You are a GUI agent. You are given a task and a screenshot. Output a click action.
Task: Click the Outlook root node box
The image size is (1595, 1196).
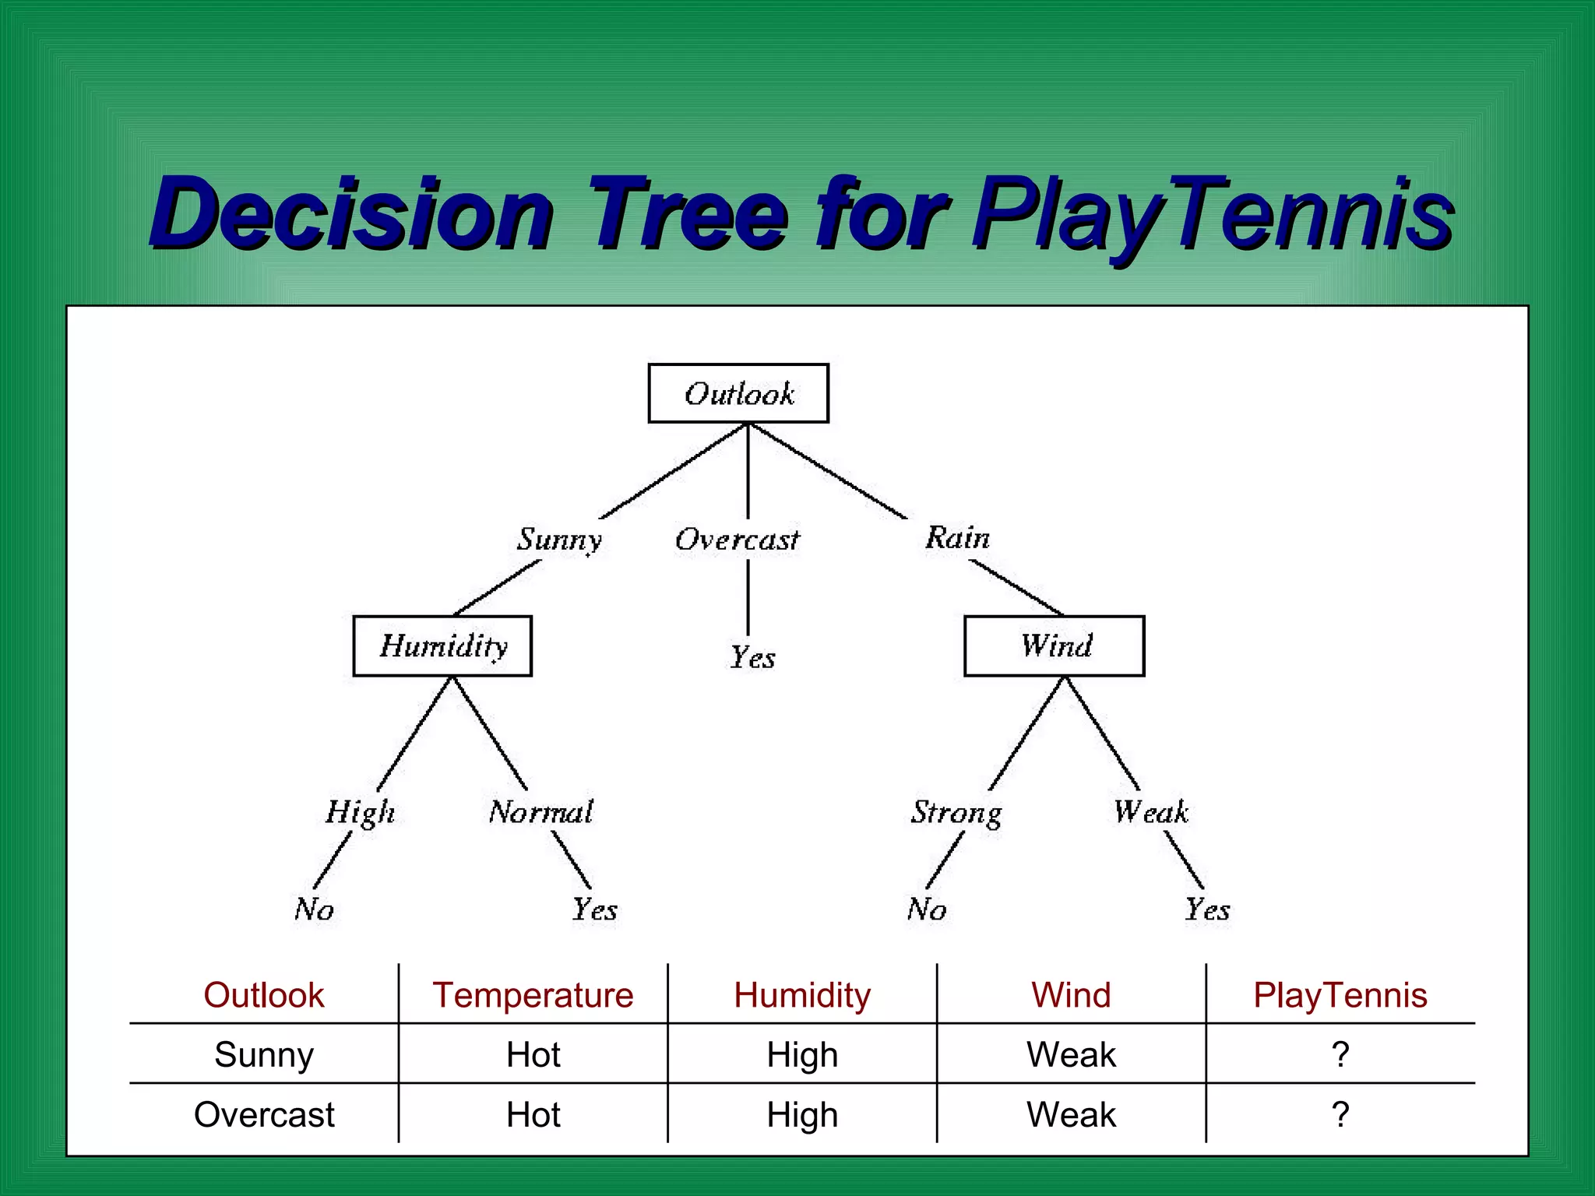click(x=738, y=393)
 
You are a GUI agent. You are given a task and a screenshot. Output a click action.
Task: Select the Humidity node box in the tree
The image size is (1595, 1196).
click(x=442, y=645)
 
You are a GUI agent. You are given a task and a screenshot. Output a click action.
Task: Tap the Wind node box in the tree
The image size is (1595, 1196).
click(x=1055, y=645)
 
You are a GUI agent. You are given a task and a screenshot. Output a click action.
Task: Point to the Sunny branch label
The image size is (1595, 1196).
click(x=559, y=539)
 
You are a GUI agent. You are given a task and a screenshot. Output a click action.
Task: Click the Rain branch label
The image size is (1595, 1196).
click(x=957, y=537)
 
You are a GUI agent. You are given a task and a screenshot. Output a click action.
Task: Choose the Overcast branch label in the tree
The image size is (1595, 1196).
click(x=737, y=539)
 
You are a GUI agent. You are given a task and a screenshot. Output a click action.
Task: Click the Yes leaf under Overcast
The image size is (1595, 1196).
click(x=752, y=658)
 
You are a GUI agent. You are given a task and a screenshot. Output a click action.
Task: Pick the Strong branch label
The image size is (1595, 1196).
click(x=956, y=812)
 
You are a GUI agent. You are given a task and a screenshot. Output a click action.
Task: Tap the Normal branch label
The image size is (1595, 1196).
click(x=540, y=812)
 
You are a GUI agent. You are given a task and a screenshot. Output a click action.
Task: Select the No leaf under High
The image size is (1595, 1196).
click(x=314, y=909)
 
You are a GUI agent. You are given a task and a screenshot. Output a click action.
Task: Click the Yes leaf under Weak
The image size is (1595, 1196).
click(x=1207, y=909)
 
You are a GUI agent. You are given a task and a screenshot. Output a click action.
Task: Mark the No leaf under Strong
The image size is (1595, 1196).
click(x=926, y=909)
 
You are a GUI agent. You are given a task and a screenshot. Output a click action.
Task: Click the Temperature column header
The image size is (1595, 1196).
click(x=533, y=995)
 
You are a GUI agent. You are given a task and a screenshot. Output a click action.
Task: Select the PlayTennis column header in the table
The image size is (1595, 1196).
click(x=1340, y=995)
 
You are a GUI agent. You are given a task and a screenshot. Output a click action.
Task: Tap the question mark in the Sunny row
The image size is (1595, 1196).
click(x=1340, y=1054)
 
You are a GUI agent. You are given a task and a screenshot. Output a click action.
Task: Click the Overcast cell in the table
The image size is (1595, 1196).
click(x=264, y=1114)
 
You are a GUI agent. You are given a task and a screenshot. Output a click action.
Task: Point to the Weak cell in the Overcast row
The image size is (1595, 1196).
click(x=1071, y=1114)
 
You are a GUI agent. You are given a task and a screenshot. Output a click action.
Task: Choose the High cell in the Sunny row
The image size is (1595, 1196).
click(x=802, y=1055)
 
